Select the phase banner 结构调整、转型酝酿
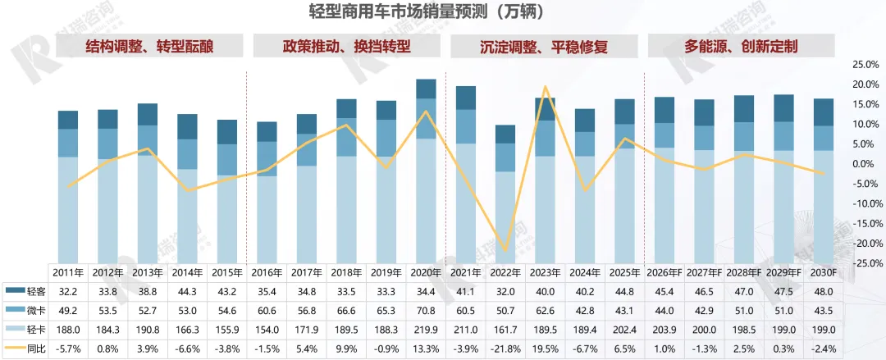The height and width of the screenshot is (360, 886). click(149, 46)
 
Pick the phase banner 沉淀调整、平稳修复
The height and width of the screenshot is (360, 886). click(543, 46)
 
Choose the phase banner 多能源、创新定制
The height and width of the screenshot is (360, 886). click(741, 46)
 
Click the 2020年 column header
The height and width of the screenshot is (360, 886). click(426, 272)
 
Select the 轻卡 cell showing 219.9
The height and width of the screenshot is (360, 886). click(426, 330)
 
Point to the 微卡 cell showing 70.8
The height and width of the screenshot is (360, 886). click(426, 310)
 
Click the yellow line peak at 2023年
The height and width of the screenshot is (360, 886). click(546, 86)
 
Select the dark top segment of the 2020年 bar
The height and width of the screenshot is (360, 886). click(426, 89)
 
